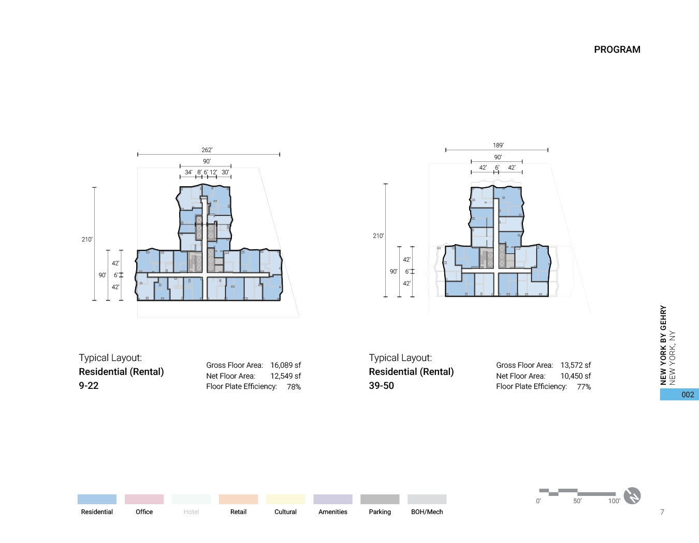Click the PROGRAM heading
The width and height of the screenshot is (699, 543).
617,50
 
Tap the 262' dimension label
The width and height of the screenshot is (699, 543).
207,150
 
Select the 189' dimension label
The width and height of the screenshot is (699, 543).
498,145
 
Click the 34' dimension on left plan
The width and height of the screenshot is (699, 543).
188,172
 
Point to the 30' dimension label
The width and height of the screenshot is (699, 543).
225,172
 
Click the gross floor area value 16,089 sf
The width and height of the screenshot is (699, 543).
285,365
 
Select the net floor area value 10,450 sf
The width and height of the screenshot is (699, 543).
575,376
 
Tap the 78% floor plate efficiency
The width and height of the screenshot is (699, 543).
294,387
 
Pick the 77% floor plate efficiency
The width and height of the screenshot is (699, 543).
584,387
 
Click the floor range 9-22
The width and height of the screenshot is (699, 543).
89,386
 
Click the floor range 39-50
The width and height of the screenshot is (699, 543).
381,386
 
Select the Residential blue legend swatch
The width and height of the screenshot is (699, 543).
97,499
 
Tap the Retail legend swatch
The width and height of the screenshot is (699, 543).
238,499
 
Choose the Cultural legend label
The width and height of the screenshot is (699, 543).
285,512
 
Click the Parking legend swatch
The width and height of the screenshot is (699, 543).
380,499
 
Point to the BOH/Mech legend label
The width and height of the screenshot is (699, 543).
427,512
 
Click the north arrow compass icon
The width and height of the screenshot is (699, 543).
632,496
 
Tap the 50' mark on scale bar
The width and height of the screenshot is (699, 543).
577,501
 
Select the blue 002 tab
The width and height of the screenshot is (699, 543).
679,395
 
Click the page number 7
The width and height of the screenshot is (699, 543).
662,512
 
